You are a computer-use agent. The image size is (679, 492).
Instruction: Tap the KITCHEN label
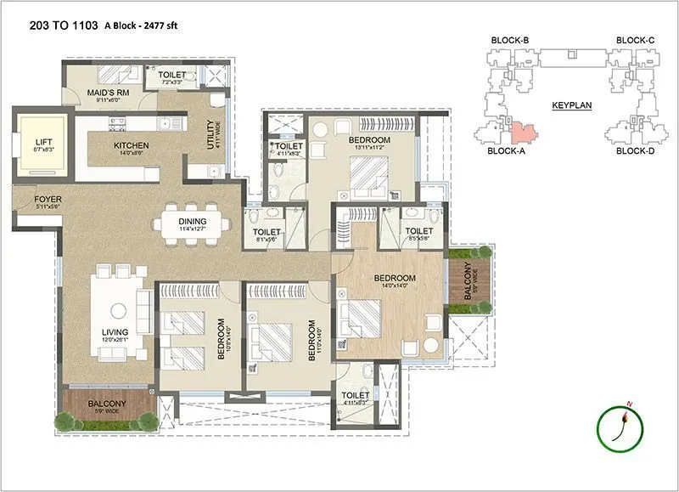132,146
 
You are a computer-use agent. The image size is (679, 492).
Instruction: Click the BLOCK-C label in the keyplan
635,41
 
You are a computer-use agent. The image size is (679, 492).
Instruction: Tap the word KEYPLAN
571,106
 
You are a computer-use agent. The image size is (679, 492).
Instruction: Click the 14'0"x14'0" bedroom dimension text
396,287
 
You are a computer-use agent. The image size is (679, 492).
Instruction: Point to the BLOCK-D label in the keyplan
635,151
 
